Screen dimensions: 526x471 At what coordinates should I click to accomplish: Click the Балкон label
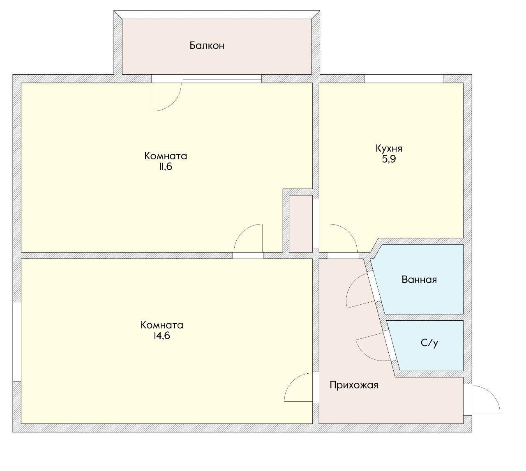pos(207,46)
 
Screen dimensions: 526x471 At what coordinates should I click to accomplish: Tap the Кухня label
pos(389,149)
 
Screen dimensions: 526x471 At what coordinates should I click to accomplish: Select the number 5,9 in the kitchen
pos(389,159)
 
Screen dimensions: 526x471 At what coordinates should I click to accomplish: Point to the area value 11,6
pos(166,167)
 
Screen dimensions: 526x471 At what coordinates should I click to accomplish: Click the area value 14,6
pos(162,336)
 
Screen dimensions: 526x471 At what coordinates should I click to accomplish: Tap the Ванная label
pos(419,280)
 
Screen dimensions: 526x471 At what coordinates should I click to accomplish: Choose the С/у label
pos(429,343)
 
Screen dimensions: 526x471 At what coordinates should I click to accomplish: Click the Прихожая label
pos(354,385)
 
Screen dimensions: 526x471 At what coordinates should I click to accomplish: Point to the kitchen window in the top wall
pos(404,78)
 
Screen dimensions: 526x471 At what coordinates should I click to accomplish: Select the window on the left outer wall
pos(17,342)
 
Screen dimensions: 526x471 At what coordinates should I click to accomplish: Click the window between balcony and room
pos(222,78)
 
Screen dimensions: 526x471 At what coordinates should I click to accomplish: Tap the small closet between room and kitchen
pos(301,223)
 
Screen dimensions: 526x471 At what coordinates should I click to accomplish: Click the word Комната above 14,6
pos(162,325)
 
